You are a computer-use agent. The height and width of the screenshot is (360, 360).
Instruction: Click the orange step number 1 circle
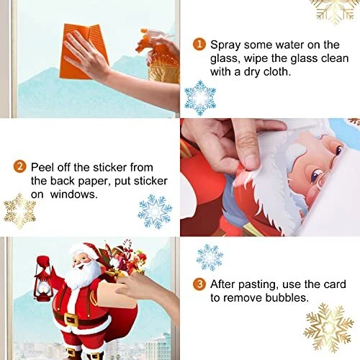199,45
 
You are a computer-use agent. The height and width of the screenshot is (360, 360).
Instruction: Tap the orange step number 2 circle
19,166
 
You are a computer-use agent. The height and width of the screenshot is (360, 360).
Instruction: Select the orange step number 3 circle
199,284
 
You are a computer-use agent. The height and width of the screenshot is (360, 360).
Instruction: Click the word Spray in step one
225,45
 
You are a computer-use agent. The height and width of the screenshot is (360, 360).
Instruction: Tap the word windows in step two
74,194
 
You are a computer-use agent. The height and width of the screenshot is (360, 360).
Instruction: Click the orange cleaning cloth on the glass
83,51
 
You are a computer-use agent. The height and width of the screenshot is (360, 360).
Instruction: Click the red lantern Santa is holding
43,279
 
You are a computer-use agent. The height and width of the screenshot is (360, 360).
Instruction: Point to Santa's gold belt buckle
72,319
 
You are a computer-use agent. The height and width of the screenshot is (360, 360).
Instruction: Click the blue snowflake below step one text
200,98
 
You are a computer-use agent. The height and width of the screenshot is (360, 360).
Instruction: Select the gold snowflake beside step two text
19,211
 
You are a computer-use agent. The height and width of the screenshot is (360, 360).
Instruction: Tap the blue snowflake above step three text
210,257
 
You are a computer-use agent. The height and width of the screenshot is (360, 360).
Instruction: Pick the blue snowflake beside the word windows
155,212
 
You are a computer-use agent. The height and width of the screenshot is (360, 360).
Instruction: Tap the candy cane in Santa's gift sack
127,246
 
